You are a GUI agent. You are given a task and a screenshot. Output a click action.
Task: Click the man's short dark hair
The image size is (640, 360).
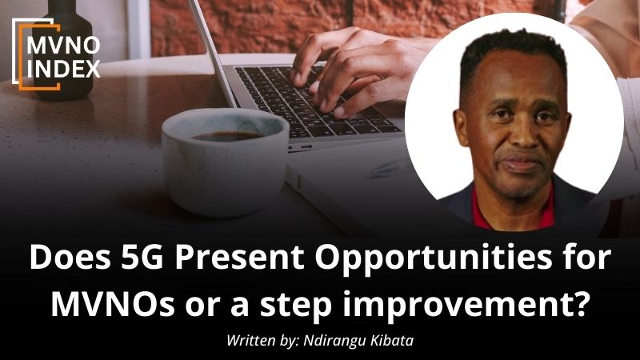click(x=515, y=52)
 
